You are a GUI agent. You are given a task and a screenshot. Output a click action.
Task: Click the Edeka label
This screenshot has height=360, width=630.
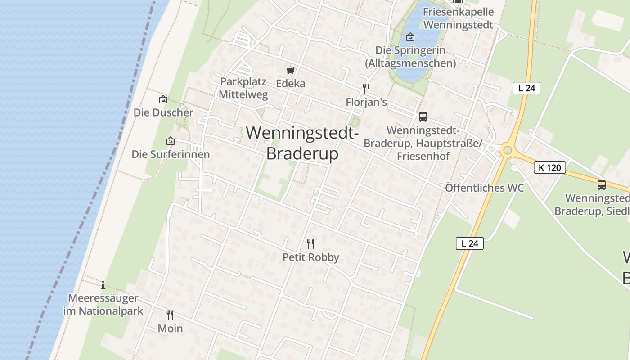click(x=290, y=83)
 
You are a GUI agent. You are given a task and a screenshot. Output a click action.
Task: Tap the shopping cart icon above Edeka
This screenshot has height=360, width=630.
click(x=290, y=70)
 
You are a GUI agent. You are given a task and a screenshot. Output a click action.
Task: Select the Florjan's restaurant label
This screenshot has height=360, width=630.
click(x=366, y=102)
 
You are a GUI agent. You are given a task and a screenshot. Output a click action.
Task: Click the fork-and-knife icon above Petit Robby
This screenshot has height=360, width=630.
click(x=310, y=244)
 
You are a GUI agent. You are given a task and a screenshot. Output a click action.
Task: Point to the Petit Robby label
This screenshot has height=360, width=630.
click(x=310, y=257)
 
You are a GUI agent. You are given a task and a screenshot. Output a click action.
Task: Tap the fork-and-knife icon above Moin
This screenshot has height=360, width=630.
click(x=170, y=315)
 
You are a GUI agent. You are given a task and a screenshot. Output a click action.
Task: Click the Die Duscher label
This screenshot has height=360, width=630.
click(x=163, y=112)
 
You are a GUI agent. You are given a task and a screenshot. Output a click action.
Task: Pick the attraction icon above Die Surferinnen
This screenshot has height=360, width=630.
click(x=170, y=141)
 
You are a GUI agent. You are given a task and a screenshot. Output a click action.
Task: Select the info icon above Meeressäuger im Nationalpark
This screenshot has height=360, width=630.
click(x=103, y=284)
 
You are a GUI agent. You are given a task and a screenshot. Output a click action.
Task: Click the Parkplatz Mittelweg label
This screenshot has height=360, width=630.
click(x=243, y=88)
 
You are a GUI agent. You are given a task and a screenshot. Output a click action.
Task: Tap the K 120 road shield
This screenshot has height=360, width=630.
click(x=549, y=168)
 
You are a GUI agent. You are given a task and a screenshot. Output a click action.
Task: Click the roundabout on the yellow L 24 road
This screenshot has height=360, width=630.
click(x=508, y=150)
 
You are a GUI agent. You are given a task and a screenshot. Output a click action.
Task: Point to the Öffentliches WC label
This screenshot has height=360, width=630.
click(x=484, y=188)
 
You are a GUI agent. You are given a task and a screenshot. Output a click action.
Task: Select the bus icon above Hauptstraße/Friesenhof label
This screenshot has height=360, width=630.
click(x=423, y=117)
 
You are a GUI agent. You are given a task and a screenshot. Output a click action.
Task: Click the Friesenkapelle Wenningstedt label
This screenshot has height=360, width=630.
click(x=458, y=18)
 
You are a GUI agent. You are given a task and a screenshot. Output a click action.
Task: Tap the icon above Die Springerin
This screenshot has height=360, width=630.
click(x=410, y=37)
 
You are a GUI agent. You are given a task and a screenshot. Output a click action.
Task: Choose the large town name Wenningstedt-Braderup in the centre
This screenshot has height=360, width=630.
click(x=302, y=143)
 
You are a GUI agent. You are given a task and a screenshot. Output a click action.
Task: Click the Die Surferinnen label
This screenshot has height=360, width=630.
click(x=171, y=154)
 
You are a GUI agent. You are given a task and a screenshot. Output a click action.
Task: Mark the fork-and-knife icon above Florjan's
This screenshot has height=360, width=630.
click(x=366, y=88)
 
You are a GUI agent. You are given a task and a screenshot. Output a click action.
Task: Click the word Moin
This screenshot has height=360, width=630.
click(x=170, y=328)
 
